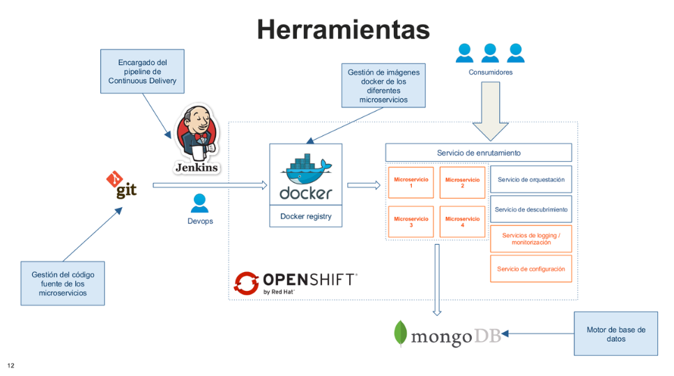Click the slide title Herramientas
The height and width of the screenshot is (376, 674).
[343, 29]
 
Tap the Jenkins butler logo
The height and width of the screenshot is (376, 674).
[196, 140]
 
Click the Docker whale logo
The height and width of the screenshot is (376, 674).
[305, 176]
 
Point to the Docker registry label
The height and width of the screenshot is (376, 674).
[305, 216]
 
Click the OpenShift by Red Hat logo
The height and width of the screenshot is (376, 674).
[296, 282]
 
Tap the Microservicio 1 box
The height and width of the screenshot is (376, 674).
[411, 183]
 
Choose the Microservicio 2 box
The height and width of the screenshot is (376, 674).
[462, 183]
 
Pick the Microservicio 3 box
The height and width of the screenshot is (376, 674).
[411, 222]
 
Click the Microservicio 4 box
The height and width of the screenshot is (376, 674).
[462, 222]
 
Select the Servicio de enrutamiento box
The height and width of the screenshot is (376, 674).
[478, 153]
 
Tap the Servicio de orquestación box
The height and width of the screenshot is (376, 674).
[531, 179]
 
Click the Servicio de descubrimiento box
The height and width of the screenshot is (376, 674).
[531, 209]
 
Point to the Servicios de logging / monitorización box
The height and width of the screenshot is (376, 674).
[531, 239]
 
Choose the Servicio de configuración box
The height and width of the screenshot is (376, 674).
[531, 269]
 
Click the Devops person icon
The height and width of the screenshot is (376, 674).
[200, 203]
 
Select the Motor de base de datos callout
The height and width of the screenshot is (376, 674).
[615, 334]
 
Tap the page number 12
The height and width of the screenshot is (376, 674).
[10, 366]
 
